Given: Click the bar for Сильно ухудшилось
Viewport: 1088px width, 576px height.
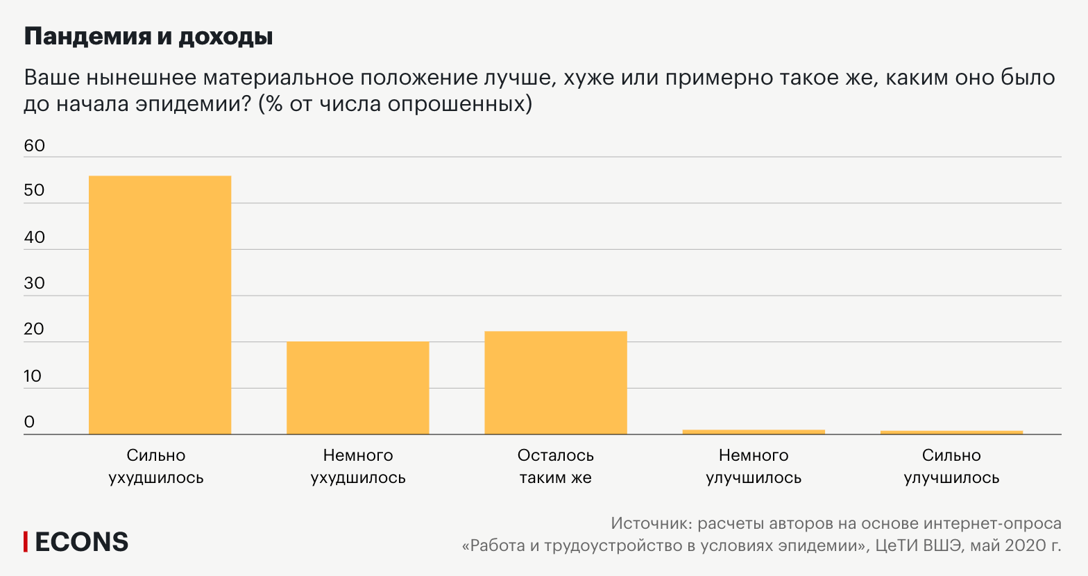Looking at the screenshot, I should coord(160,305).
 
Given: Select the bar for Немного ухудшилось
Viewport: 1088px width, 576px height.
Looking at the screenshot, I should coord(357,388).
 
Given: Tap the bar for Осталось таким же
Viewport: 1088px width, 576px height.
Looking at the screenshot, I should coord(555,383).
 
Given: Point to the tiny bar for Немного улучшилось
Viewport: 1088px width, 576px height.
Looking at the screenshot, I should coord(754,432).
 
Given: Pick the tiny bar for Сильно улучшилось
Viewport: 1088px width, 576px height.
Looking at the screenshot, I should coord(951,432).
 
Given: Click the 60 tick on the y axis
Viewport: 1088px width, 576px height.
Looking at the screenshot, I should coord(34,146).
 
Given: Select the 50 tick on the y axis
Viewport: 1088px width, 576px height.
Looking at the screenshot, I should coord(34,191).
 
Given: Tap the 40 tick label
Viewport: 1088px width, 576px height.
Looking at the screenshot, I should coord(34,237).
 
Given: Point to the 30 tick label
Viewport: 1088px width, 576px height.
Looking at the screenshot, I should coord(34,283).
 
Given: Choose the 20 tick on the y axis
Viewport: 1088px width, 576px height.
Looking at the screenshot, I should coord(34,330).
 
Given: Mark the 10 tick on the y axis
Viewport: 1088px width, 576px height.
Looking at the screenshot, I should coord(33,376).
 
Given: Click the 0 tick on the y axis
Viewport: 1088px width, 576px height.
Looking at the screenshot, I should coord(29,422).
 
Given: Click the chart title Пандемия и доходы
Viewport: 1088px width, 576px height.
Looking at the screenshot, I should coord(148,37).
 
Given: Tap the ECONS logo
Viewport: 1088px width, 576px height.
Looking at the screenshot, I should coord(76,542).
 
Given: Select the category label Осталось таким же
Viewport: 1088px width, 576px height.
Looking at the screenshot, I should coord(555,466).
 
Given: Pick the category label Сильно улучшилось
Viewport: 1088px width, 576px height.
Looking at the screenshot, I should coord(951,466).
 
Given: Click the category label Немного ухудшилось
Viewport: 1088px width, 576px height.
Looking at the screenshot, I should coord(357,466).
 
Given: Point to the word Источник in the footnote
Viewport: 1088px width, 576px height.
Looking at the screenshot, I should coord(650,523).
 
